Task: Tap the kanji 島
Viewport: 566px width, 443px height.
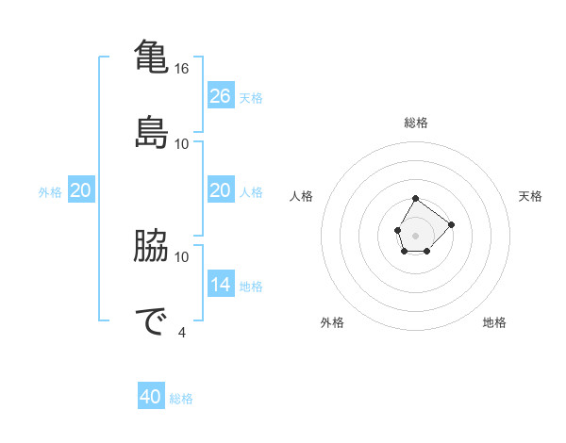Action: click(x=150, y=132)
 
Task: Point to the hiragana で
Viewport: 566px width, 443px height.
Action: click(x=150, y=320)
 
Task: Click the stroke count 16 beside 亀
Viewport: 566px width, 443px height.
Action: click(x=182, y=69)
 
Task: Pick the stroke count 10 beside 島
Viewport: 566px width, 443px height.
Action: click(x=182, y=144)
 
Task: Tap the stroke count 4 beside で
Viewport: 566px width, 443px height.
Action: click(x=182, y=332)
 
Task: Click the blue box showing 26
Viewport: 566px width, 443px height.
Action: click(x=221, y=96)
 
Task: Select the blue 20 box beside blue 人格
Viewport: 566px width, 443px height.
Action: click(x=221, y=190)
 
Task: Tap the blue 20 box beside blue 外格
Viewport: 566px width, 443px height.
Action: click(x=81, y=190)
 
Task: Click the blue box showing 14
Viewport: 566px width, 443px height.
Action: click(x=221, y=285)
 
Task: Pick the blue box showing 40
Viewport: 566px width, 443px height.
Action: click(x=151, y=397)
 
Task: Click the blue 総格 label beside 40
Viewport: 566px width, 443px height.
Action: click(x=181, y=399)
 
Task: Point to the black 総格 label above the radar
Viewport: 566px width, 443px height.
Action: click(x=416, y=123)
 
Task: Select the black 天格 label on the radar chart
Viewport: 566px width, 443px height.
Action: click(x=530, y=196)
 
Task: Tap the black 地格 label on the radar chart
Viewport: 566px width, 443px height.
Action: click(x=494, y=322)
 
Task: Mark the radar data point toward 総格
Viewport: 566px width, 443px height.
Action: click(x=416, y=199)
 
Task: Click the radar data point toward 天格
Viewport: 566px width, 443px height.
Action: click(x=452, y=224)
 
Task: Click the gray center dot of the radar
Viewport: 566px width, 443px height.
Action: click(x=416, y=234)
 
